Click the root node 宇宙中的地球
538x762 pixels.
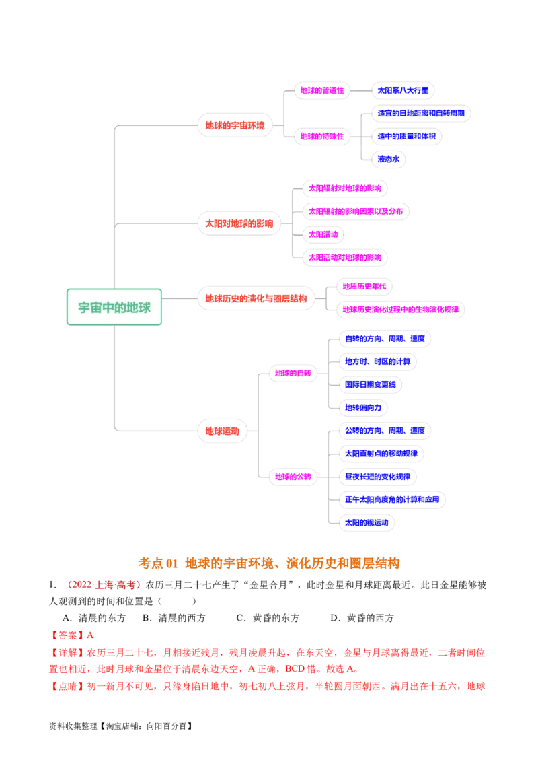coord(114,308)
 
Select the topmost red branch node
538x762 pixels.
coord(235,125)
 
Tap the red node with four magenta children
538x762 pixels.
coord(239,223)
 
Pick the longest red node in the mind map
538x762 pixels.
coord(256,298)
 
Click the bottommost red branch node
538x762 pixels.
coord(222,431)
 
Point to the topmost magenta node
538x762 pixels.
coord(321,91)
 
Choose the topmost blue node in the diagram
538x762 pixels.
coord(402,91)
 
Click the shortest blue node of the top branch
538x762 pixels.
coord(388,160)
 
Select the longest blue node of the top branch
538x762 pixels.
coord(421,113)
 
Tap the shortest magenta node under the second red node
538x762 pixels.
coord(323,234)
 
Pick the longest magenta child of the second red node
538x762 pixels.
coord(355,211)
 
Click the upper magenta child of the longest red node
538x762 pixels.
coord(363,286)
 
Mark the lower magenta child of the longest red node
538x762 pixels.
coord(401,310)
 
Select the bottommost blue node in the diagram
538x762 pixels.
coord(367,522)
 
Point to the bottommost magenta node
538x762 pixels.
coord(293,477)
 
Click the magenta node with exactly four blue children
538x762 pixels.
coord(293,372)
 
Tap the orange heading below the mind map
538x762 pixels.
coord(269,563)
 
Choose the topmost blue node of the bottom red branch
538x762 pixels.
coord(385,339)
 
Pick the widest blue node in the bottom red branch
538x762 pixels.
coord(393,500)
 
